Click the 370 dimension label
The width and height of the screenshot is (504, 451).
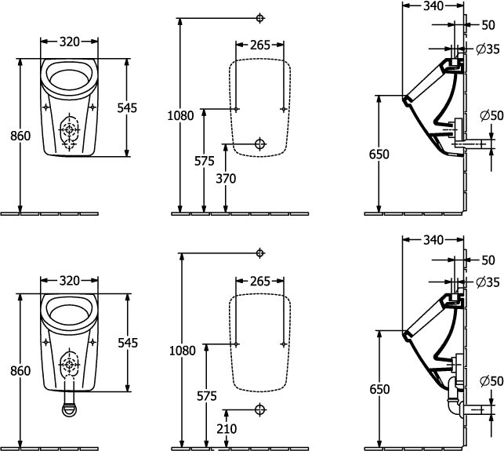[226, 179]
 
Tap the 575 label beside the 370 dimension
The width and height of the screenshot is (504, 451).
[204, 161]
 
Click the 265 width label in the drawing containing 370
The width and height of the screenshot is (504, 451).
[259, 45]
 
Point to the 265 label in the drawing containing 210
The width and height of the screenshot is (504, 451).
[259, 282]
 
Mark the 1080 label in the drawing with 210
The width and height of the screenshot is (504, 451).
[181, 352]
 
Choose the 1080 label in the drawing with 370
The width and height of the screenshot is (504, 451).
[181, 116]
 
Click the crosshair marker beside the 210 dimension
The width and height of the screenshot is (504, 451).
[261, 409]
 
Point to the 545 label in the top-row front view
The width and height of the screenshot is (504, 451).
[126, 107]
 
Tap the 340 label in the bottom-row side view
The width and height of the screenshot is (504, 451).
[432, 239]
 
